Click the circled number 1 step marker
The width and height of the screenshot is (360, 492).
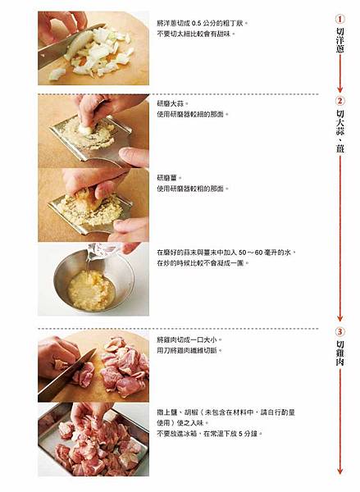pos(339,19)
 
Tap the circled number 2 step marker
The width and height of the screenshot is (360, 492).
pos(339,101)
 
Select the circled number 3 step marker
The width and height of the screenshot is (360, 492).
pos(339,332)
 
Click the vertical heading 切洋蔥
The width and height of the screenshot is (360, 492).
pos(340,40)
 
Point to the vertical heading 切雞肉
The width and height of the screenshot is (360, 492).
pos(340,353)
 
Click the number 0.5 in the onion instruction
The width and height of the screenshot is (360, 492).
pos(196,23)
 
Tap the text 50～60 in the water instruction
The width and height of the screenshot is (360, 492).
pos(250,253)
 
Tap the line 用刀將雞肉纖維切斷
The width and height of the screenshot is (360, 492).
pos(189,350)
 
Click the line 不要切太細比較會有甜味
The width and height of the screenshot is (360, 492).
pos(196,34)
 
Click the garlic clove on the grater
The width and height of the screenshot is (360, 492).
pos(86,130)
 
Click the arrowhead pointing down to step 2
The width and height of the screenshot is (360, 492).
pos(340,89)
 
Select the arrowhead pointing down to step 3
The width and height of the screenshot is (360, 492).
pos(340,318)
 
